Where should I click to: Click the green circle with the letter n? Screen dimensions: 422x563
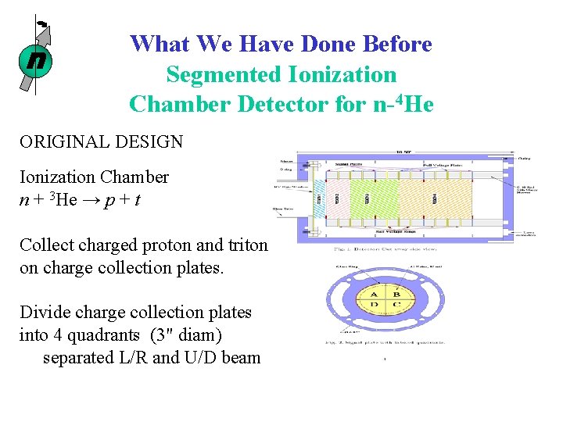pyautogui.click(x=34, y=60)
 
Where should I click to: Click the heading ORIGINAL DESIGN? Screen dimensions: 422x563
pyautogui.click(x=102, y=141)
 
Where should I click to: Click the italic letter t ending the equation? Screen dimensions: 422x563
pyautogui.click(x=138, y=200)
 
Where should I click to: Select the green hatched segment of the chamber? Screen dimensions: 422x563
pyautogui.click(x=371, y=200)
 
